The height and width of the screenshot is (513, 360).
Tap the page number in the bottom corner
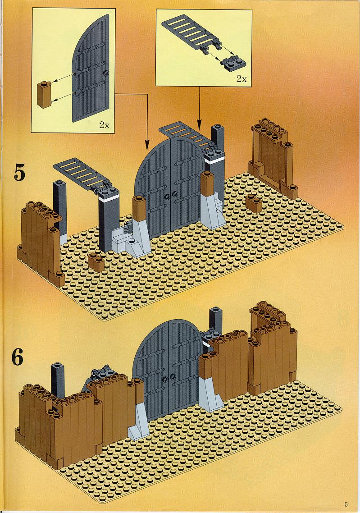click(346, 504)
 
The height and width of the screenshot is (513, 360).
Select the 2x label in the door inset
click(104, 125)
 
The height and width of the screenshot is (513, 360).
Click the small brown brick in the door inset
click(44, 94)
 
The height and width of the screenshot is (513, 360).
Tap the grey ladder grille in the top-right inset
click(192, 33)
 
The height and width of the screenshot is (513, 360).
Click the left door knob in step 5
click(168, 196)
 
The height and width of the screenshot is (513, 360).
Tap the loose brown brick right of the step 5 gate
click(254, 203)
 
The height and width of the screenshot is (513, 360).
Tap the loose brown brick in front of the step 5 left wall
click(96, 262)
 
